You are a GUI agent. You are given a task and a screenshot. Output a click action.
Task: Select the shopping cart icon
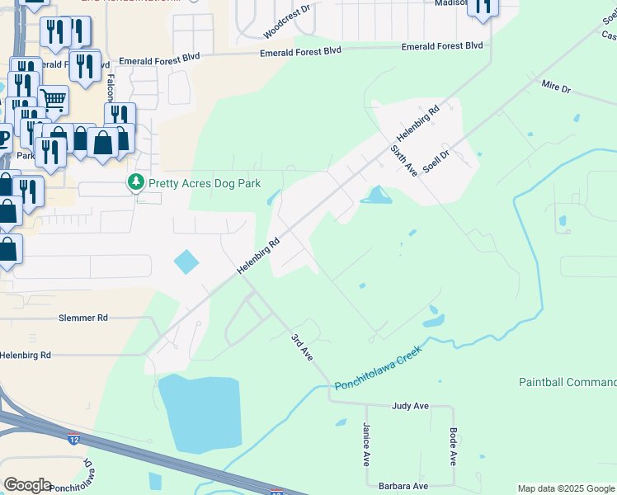pos(53,101)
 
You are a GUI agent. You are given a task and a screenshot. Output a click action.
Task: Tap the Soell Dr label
pos(436,160)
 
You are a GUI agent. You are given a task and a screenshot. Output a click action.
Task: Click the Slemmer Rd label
pos(83,318)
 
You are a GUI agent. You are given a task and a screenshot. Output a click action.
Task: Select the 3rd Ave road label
pos(301,346)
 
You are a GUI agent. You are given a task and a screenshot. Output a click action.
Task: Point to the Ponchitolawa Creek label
pos(378,369)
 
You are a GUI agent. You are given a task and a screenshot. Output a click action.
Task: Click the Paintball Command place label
pos(568,382)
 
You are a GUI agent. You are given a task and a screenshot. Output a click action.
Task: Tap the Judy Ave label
pos(410,406)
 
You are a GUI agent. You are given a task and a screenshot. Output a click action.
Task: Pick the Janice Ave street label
pos(365,445)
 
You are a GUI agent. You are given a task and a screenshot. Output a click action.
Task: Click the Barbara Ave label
pos(403,487)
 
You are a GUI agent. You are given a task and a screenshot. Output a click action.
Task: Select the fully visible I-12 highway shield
pos(74,438)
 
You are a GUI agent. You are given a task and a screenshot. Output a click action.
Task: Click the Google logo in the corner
pos(27,485)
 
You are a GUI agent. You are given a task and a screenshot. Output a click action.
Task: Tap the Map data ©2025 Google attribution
pos(566,488)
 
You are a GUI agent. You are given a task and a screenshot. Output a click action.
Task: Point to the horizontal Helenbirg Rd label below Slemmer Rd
pos(26,355)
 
